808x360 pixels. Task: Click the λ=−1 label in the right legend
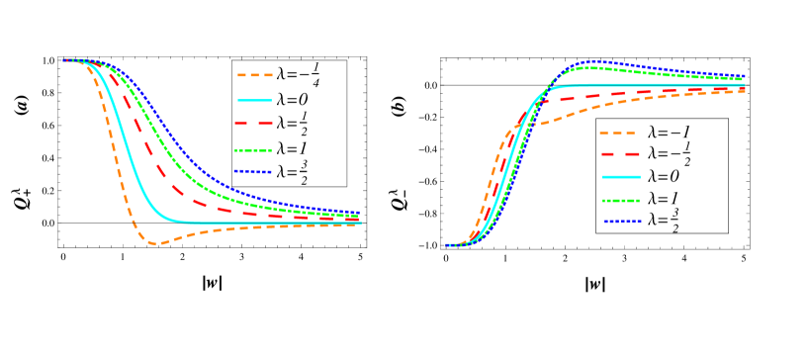point(669,133)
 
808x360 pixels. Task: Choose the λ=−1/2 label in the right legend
point(669,154)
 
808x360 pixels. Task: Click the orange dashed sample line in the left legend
point(254,74)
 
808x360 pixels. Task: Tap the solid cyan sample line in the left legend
point(254,99)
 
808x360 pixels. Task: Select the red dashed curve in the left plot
point(158,169)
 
